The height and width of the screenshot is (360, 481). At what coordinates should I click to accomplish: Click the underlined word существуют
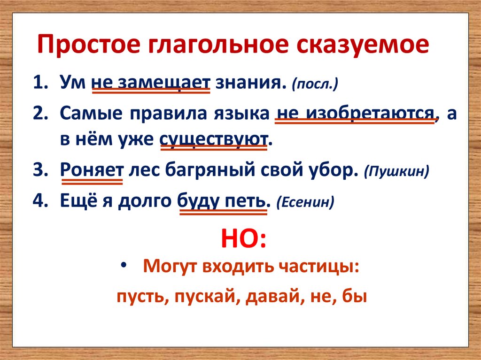214,140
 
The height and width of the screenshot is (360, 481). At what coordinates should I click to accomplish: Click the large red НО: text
243,239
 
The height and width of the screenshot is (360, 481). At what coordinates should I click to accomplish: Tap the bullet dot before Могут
124,266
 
